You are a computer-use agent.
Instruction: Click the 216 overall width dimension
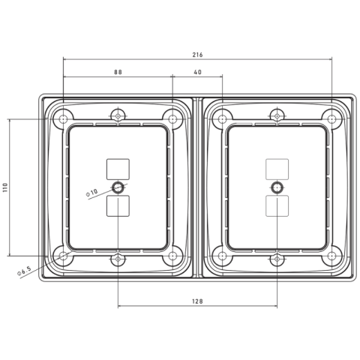(x=197, y=55)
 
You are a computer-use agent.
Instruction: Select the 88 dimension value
(x=118, y=72)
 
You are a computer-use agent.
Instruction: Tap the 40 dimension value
(x=197, y=72)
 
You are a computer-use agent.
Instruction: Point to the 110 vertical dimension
(x=5, y=187)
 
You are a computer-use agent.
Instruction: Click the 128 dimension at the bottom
(x=197, y=301)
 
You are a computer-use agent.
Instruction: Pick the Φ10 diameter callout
(x=91, y=193)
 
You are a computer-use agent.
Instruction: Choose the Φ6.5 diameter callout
(x=24, y=271)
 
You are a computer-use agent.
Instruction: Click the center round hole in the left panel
(x=118, y=187)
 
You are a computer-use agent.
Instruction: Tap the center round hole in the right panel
(x=277, y=187)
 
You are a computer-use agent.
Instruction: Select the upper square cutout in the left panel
(x=118, y=169)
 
